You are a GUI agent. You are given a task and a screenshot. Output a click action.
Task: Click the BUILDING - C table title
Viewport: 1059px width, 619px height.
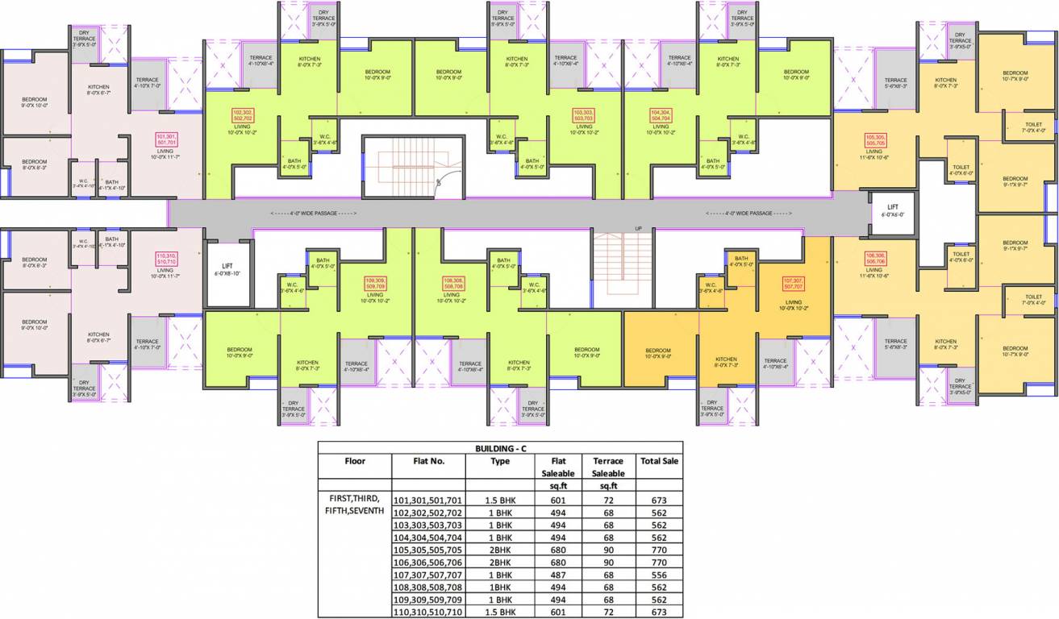500,447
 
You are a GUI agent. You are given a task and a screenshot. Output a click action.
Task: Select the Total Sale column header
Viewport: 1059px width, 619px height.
659,461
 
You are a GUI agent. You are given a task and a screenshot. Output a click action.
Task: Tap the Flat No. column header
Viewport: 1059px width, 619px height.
428,461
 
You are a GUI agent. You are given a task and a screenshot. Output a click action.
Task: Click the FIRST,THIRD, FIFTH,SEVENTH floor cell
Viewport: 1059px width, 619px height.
355,505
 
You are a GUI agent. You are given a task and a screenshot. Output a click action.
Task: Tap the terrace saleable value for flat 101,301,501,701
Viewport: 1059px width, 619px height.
608,500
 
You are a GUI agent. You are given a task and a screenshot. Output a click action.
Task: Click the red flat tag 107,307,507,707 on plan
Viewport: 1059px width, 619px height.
794,284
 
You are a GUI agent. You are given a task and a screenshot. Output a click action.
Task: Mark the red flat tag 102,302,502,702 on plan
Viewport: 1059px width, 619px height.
243,114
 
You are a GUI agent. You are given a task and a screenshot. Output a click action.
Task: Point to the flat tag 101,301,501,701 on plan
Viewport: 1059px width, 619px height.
165,139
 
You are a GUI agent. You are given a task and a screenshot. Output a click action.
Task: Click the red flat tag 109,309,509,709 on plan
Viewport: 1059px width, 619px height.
374,284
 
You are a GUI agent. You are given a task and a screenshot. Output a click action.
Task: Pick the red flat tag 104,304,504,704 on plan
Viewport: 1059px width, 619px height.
661,114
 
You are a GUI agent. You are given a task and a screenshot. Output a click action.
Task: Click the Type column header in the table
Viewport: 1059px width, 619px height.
500,461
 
